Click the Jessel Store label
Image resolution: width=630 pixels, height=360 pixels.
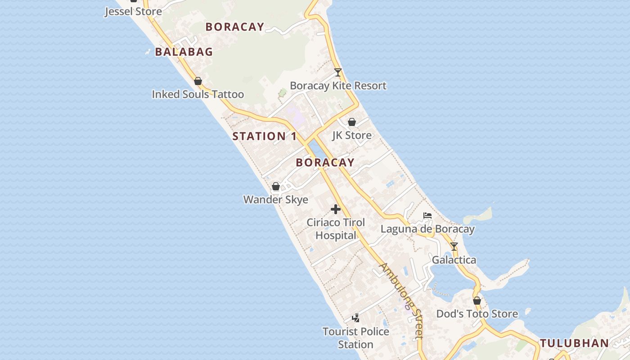133,11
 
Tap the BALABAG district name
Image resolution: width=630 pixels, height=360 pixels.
184,52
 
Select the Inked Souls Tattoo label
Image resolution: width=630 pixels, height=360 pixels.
198,94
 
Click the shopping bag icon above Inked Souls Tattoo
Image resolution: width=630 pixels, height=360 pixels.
198,81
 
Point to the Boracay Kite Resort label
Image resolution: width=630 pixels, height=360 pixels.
338,85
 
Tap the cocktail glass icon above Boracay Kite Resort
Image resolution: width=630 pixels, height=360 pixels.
338,72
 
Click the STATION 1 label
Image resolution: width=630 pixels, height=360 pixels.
265,136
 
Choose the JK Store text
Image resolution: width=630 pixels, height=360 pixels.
352,135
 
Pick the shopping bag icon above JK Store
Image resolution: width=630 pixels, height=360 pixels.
352,122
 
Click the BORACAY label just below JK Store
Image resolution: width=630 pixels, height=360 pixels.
325,162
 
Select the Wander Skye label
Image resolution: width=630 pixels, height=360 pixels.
276,199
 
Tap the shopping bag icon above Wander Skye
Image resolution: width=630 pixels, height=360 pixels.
276,186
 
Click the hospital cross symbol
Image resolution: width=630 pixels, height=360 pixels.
336,209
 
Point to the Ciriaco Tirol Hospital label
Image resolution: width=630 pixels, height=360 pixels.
336,229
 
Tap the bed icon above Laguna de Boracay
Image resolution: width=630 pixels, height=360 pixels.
427,216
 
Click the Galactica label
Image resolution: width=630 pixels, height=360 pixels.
454,260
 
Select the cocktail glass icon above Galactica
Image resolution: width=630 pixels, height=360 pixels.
454,247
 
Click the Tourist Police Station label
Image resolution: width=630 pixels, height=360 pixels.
355,337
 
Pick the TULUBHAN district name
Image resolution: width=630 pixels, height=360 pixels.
574,343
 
